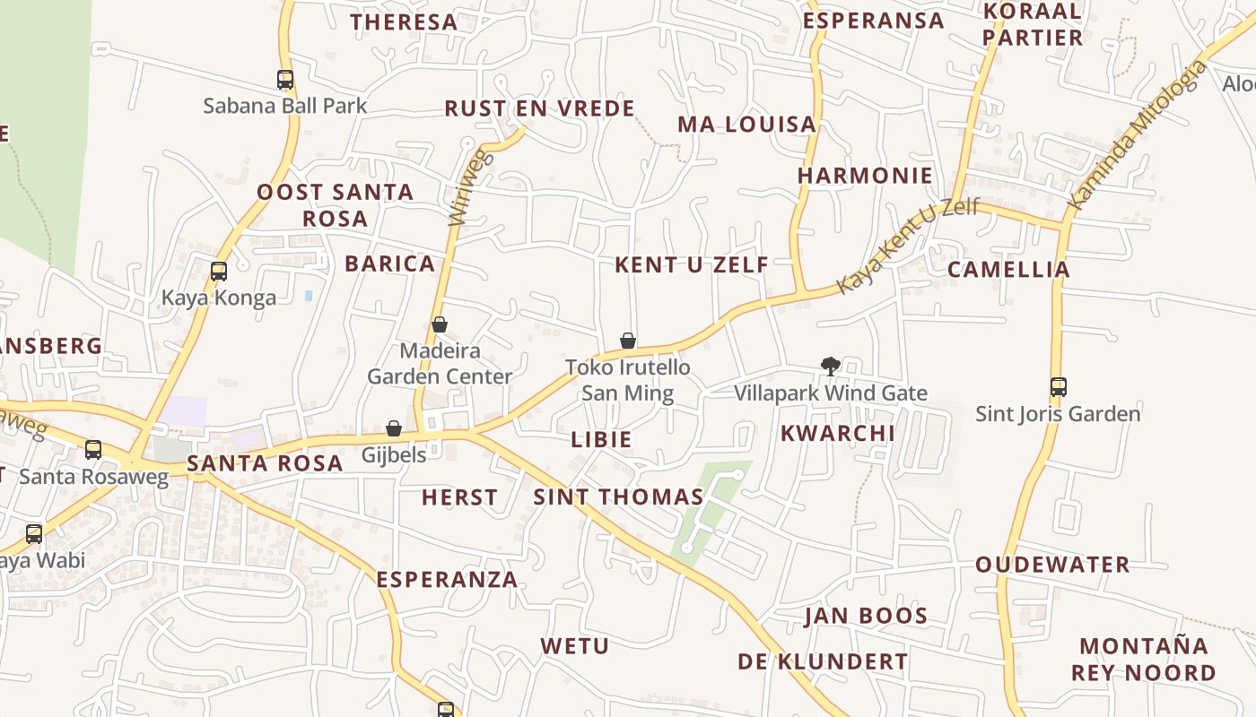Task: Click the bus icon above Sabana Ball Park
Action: tap(285, 80)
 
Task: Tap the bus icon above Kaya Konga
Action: tap(218, 271)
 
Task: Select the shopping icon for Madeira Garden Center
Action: tap(440, 324)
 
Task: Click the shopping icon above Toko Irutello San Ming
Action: tap(628, 341)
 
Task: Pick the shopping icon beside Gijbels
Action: tap(394, 428)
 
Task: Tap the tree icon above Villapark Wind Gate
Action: tap(831, 366)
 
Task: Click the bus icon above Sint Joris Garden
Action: tap(1059, 387)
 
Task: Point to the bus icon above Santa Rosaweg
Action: tap(93, 450)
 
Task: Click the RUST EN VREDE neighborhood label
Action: tap(540, 108)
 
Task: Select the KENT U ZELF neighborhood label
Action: tap(692, 264)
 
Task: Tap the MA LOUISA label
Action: tap(746, 125)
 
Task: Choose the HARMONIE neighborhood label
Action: tap(865, 175)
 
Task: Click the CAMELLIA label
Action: tap(1009, 269)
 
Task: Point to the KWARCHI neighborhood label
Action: tap(838, 433)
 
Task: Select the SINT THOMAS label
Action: tap(618, 497)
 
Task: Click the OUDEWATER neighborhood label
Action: tap(1052, 565)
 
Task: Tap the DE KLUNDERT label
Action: tap(823, 661)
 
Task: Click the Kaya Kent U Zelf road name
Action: tap(907, 246)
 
